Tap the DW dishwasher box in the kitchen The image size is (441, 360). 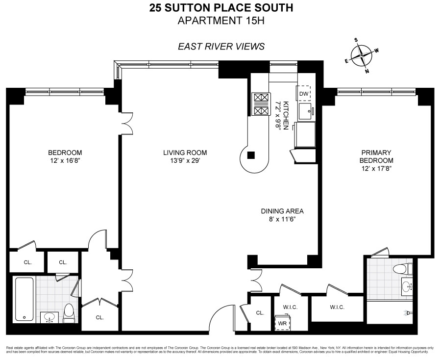click(x=304, y=93)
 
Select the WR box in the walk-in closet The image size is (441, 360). click(x=282, y=323)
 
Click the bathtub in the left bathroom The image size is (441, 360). click(x=24, y=299)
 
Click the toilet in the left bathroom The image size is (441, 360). click(x=69, y=313)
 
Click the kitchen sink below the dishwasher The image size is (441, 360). click(x=305, y=111)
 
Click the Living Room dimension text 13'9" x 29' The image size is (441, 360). click(x=185, y=161)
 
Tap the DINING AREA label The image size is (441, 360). click(x=282, y=211)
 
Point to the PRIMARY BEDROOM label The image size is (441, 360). click(x=376, y=156)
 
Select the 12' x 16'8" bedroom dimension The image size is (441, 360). click(x=65, y=161)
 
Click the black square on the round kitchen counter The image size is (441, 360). click(x=251, y=156)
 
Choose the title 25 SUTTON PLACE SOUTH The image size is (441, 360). click(x=221, y=8)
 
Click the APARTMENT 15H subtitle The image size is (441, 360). click(x=221, y=21)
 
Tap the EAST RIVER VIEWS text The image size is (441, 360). click(x=221, y=47)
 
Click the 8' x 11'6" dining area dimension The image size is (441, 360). click(x=282, y=220)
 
